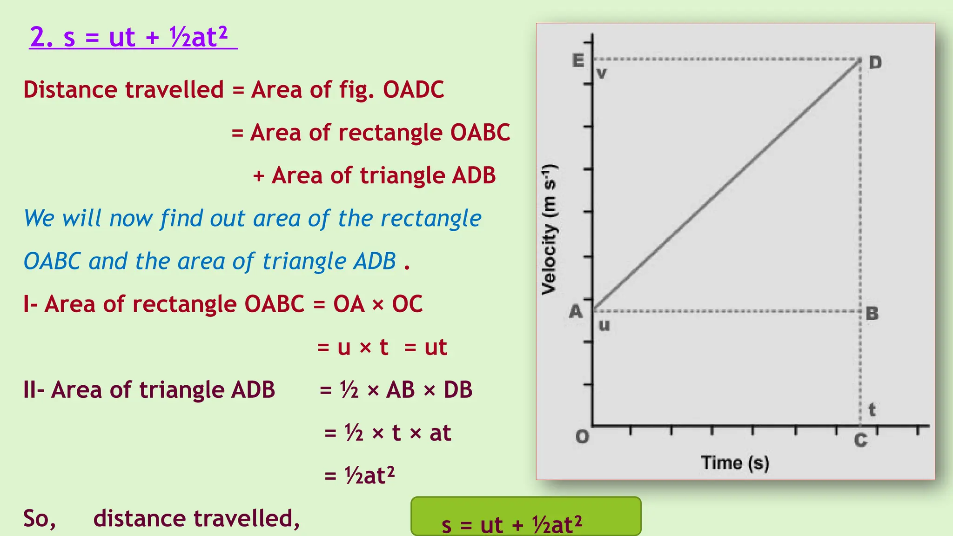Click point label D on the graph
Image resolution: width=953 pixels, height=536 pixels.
pos(875,62)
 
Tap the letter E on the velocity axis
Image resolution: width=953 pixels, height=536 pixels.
pos(578,60)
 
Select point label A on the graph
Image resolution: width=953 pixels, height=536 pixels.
pos(576,311)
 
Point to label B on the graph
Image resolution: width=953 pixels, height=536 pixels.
pos(872,314)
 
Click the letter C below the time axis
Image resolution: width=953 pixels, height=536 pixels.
pos(860,440)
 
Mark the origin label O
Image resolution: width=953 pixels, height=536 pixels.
pos(582,437)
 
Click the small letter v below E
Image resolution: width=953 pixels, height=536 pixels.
pos(601,74)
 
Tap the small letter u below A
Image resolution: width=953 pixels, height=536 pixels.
pos(604,325)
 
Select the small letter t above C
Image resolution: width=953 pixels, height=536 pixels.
pos(872,410)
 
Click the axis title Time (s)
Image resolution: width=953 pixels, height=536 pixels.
pos(735,463)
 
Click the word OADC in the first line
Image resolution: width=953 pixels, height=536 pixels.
pos(413,89)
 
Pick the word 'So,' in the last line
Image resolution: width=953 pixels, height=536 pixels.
pos(40,518)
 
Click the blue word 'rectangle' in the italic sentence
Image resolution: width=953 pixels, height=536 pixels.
pos(430,218)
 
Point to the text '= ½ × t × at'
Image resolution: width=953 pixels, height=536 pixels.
pos(387,433)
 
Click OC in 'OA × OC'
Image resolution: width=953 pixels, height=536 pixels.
pos(407,304)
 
